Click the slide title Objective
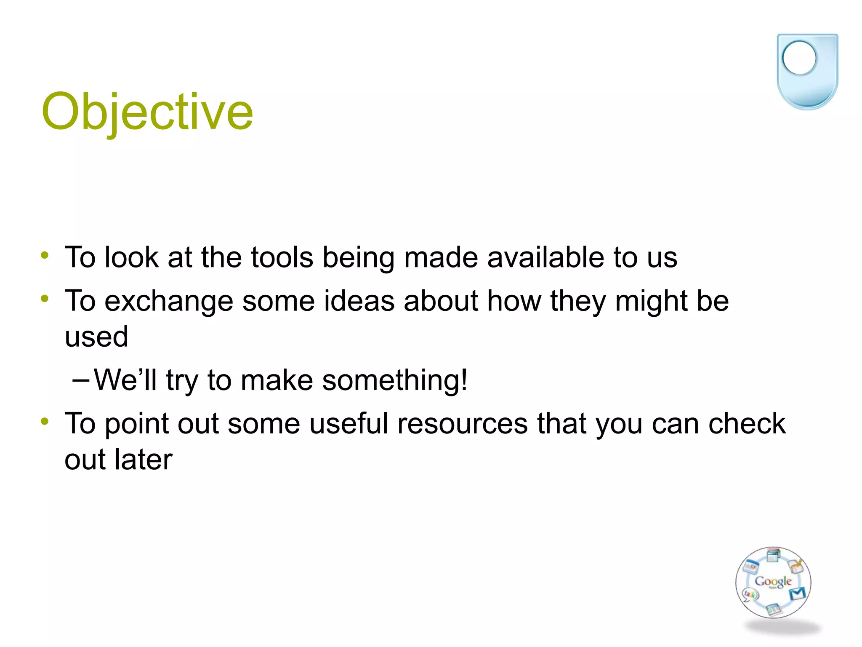tap(147, 112)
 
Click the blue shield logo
tap(807, 72)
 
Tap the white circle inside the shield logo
tap(799, 58)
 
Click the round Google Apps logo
tap(773, 583)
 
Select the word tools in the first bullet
tap(282, 257)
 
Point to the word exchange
tap(168, 301)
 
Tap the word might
tap(651, 301)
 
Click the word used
tap(96, 337)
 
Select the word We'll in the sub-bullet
tap(125, 380)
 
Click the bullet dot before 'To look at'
tap(45, 255)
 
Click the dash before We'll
tap(81, 380)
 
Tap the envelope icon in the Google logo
tap(797, 594)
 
